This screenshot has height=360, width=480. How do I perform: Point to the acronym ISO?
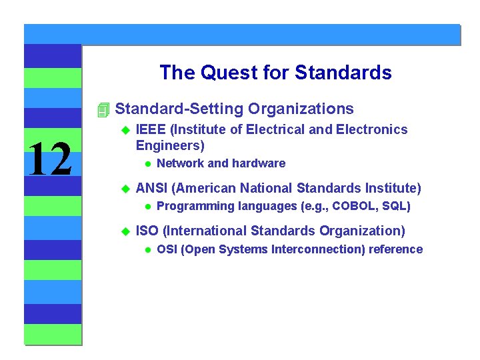pos(147,231)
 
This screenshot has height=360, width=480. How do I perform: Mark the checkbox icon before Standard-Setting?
pos(102,109)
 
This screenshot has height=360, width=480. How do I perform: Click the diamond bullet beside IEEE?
pos(124,130)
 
